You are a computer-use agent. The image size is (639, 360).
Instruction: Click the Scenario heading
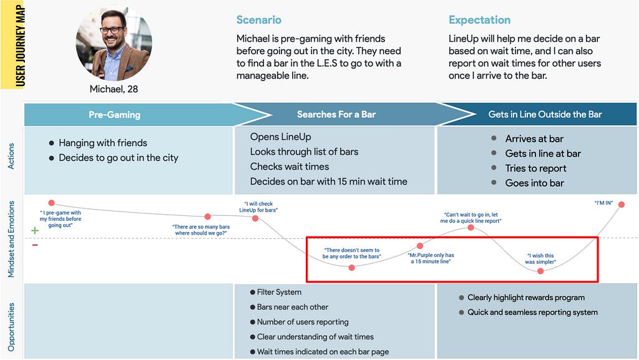(259, 20)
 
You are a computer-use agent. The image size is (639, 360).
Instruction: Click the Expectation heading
(479, 20)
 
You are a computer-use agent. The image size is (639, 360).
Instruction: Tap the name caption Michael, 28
(114, 89)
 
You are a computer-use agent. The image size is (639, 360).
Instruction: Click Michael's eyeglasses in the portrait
(112, 30)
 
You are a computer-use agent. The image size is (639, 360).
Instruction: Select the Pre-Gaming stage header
(115, 115)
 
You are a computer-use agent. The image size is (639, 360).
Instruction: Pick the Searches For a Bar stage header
(336, 114)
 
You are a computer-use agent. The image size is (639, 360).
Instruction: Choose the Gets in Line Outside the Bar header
(545, 114)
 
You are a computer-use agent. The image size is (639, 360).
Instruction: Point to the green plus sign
(35, 230)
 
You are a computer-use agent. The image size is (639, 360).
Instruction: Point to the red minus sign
(35, 245)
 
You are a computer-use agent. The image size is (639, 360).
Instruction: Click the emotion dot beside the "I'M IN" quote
(622, 205)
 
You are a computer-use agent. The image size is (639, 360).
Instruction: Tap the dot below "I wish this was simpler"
(540, 271)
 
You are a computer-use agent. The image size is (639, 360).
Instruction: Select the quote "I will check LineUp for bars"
(258, 207)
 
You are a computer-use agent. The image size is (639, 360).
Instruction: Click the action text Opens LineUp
(280, 137)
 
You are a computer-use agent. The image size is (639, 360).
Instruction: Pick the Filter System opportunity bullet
(276, 292)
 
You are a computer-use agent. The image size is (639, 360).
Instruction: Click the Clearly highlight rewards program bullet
(522, 298)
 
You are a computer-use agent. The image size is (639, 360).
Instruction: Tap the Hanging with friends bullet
(98, 143)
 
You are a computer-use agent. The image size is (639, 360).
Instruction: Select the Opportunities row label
(11, 327)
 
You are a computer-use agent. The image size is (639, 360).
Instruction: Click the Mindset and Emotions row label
(11, 239)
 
